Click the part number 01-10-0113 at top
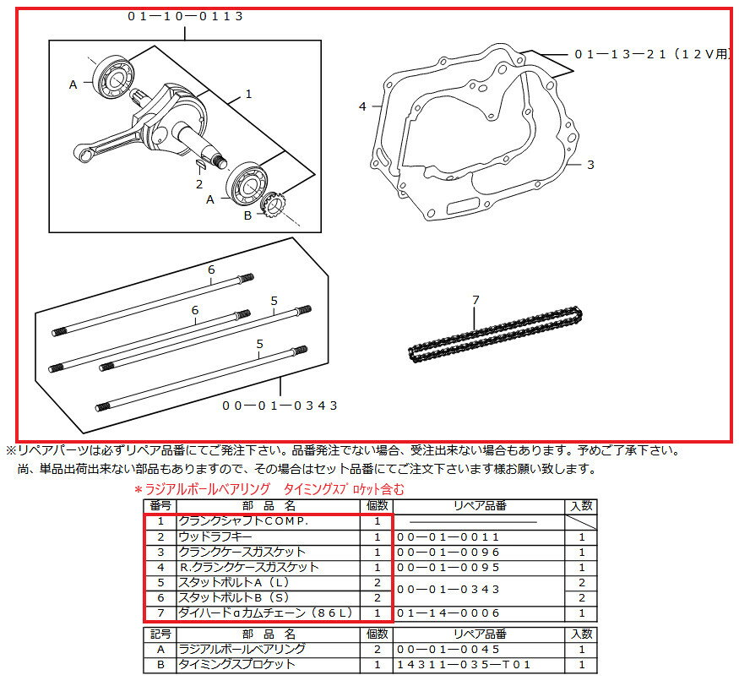(x=186, y=15)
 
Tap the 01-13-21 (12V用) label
(x=651, y=54)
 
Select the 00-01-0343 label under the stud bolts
(x=280, y=406)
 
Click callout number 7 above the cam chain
(x=475, y=300)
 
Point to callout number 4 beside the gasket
(x=362, y=106)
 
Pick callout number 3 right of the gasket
(x=590, y=165)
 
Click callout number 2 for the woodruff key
(x=199, y=183)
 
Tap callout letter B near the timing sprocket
(x=247, y=215)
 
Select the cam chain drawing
(x=494, y=335)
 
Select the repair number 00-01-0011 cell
(x=448, y=536)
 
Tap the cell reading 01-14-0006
(x=448, y=613)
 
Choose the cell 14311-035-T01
(x=464, y=665)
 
